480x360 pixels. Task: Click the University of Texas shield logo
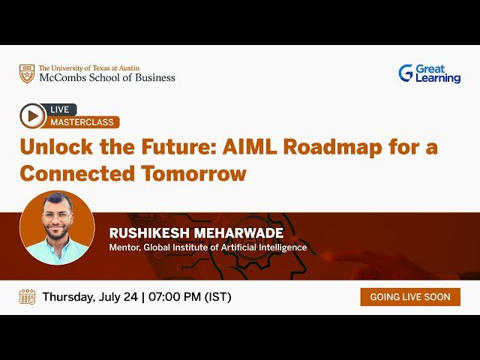click(x=27, y=73)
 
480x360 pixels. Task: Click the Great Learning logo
click(x=429, y=73)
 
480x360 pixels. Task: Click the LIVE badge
click(x=59, y=109)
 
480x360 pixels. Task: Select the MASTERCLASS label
click(x=82, y=122)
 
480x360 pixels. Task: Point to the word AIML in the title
click(x=244, y=147)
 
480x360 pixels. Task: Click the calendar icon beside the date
click(x=28, y=296)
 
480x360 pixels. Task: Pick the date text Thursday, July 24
click(x=90, y=296)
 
